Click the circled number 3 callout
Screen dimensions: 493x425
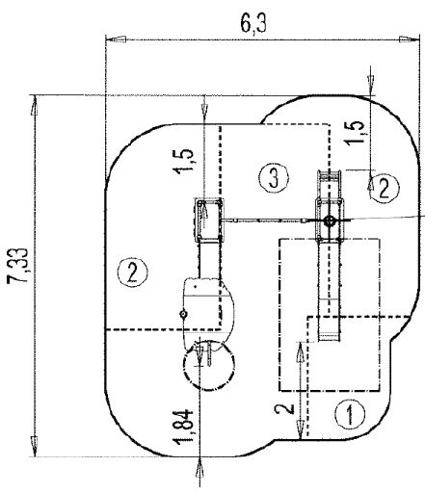click(275, 176)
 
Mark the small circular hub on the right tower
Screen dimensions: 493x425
click(330, 221)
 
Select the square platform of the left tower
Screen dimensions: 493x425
click(208, 221)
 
